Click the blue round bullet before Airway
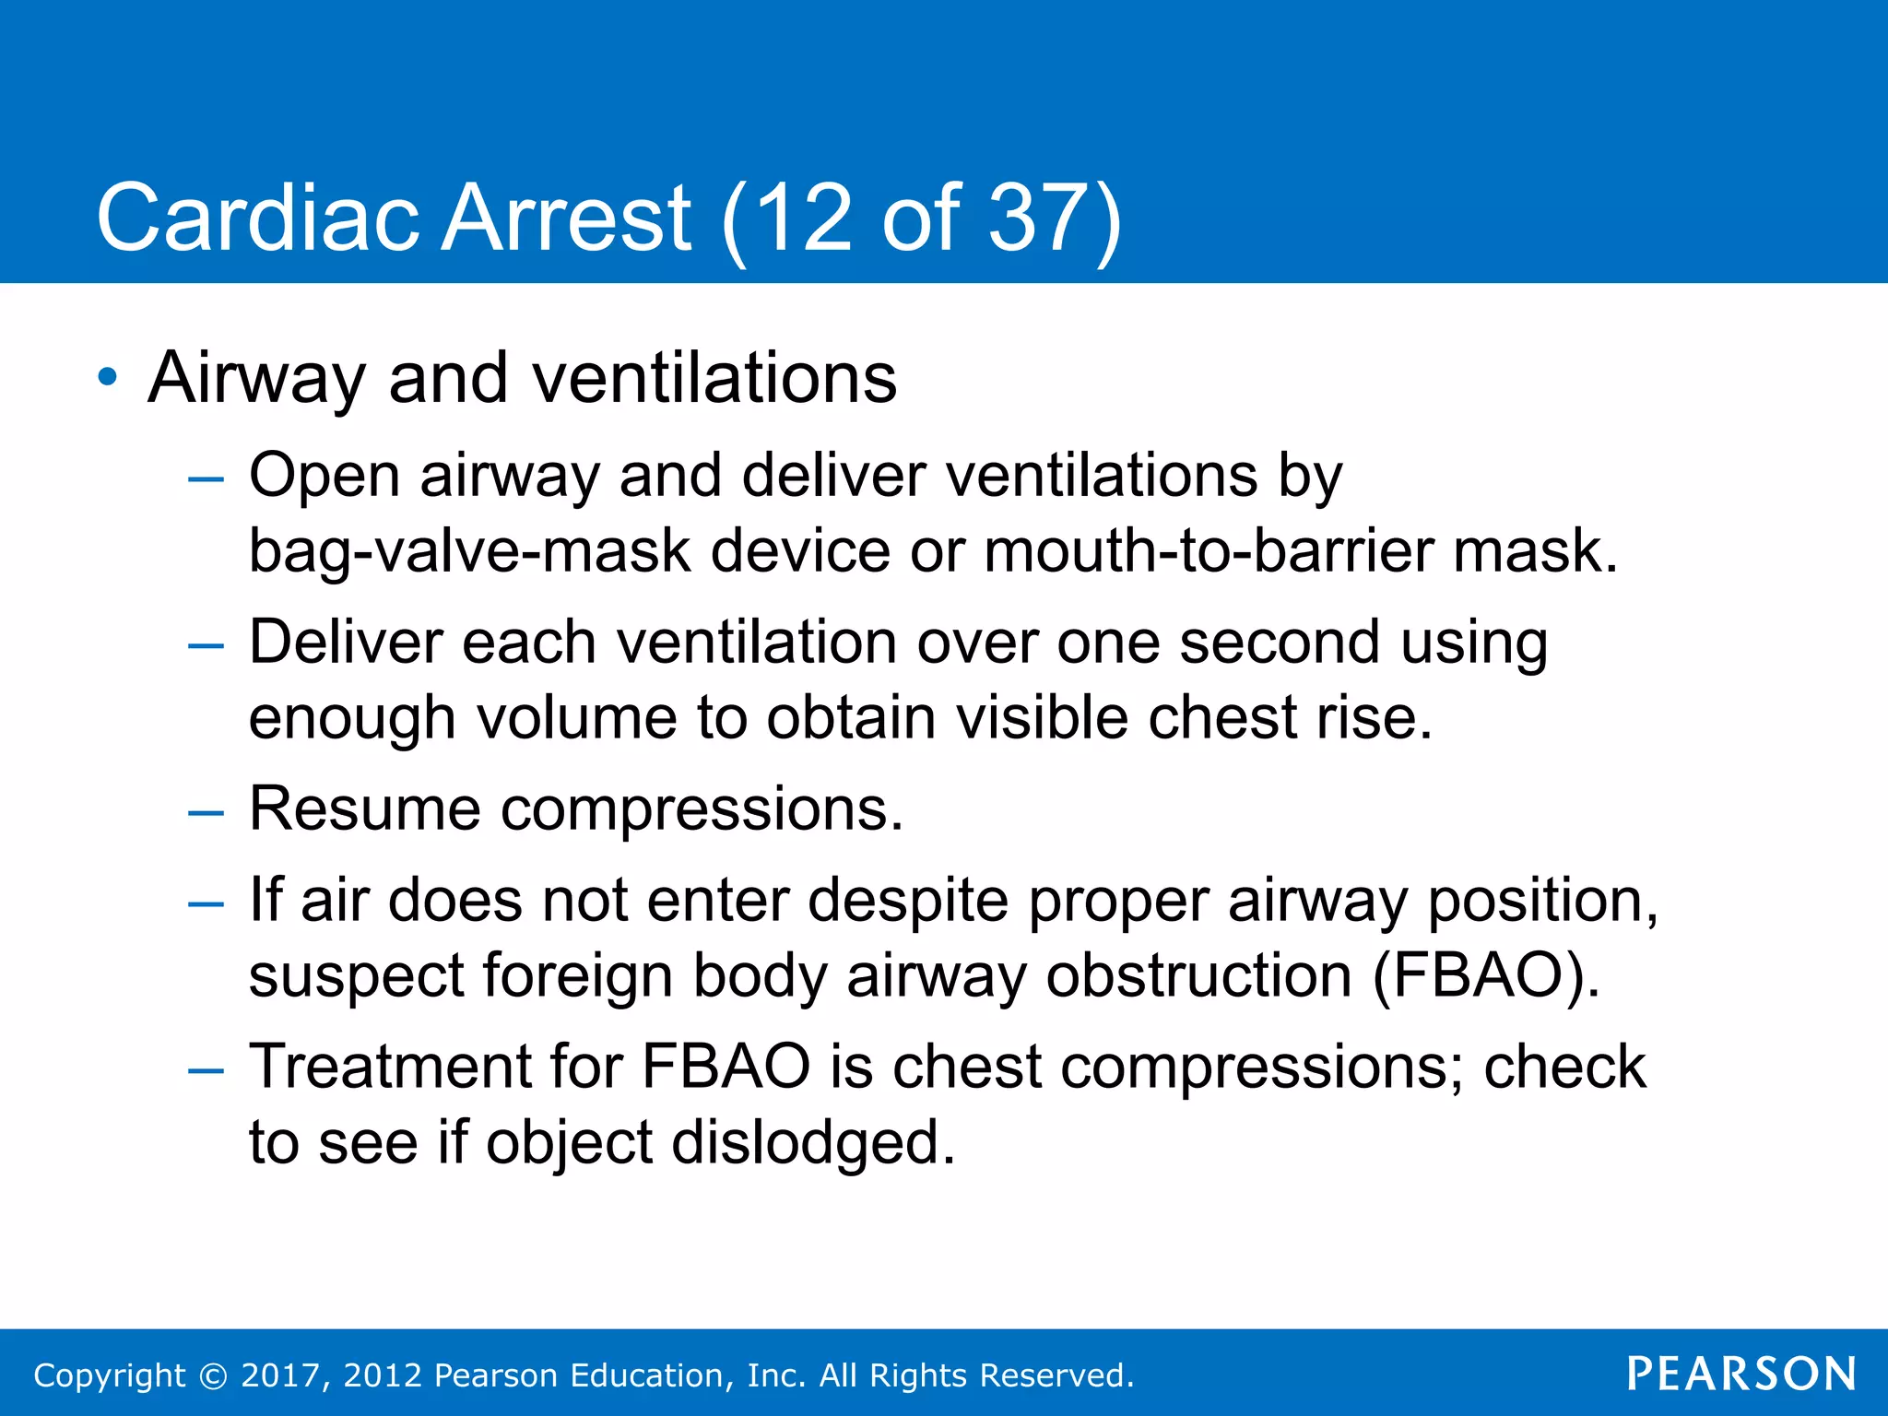pos(108,377)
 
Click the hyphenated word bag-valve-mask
pos(469,551)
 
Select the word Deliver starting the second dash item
pos(345,642)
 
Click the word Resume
pos(365,809)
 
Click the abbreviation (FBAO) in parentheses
pos(1486,975)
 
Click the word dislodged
pos(812,1142)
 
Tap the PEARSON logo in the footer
pos(1741,1374)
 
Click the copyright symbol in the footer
pos(214,1375)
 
